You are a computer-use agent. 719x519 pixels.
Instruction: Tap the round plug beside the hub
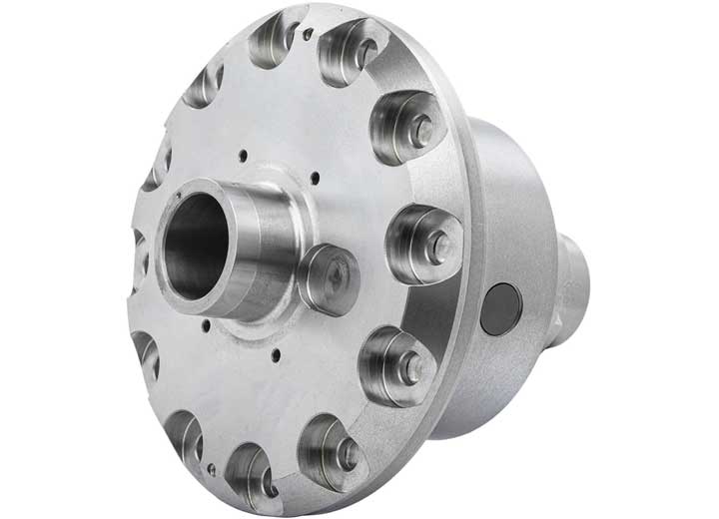[x=329, y=278]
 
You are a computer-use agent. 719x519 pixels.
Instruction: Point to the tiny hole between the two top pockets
[x=308, y=34]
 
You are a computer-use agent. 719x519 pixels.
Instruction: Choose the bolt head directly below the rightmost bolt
[x=409, y=367]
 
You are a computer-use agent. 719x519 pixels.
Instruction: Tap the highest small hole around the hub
[x=243, y=154]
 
